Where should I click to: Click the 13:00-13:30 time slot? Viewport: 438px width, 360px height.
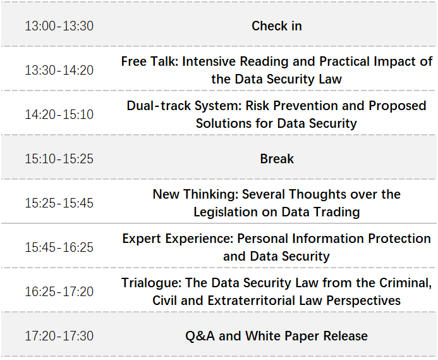[59, 26]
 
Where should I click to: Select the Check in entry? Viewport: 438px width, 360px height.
[277, 26]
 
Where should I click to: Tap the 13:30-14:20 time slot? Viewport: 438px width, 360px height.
[59, 70]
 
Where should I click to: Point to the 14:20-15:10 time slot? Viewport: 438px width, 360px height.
[59, 115]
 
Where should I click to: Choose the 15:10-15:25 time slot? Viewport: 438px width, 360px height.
[59, 159]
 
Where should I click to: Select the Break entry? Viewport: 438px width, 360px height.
[277, 159]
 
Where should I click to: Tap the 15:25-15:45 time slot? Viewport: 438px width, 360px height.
[59, 203]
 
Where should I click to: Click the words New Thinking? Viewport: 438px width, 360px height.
[195, 194]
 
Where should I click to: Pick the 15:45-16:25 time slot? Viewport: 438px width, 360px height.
[59, 247]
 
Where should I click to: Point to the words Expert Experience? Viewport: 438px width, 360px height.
[178, 239]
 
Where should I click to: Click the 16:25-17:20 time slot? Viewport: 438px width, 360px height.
[59, 292]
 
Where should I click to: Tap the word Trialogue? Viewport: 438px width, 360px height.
[152, 283]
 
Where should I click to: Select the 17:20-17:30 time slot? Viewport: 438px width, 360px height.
[59, 336]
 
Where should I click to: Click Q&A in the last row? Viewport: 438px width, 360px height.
[200, 336]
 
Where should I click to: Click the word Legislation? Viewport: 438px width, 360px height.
[226, 212]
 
